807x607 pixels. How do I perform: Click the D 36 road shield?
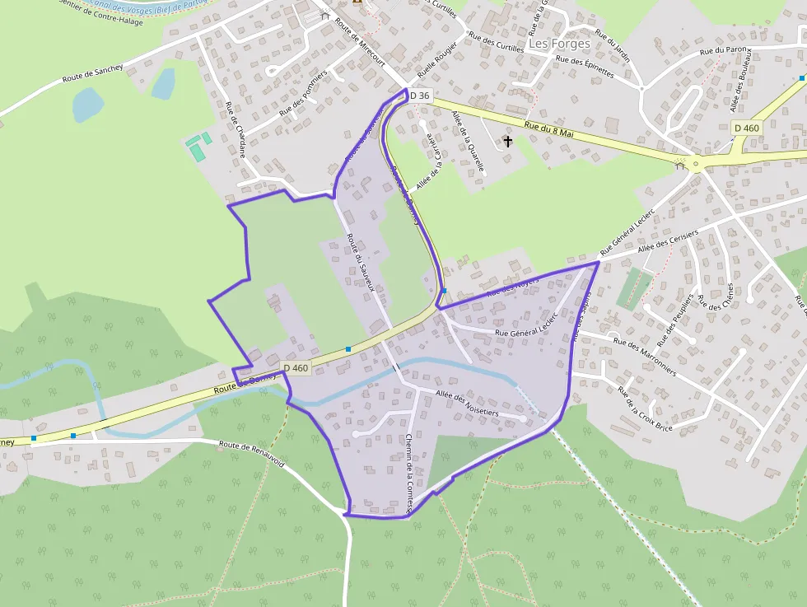419,96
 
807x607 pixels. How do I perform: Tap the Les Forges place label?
559,43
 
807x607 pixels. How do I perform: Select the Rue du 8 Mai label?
548,128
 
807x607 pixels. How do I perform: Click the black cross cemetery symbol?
508,142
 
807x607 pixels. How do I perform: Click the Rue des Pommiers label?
303,91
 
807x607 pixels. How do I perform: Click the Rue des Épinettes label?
585,66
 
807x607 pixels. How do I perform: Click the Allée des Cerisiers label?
667,240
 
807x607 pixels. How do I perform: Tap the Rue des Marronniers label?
645,357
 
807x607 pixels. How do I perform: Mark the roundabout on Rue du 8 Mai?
697,163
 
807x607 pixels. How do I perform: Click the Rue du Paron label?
722,50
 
